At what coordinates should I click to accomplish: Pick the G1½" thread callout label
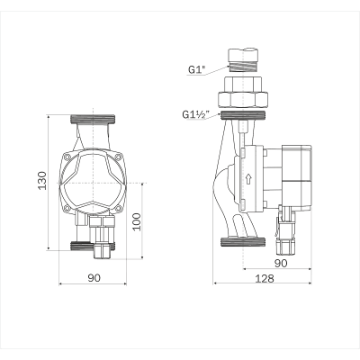coord(194,114)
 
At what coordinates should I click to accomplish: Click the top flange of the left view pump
coord(93,118)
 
